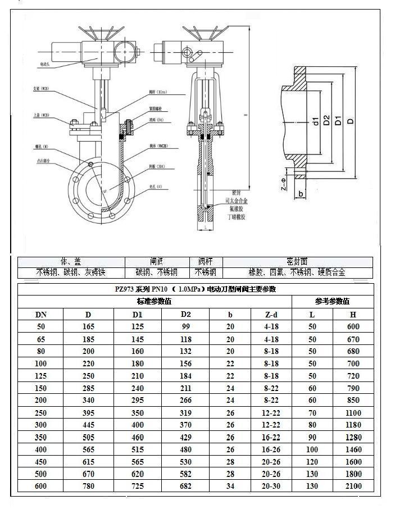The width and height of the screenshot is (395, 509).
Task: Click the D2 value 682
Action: click(185, 486)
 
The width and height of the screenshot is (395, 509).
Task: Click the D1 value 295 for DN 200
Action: click(137, 401)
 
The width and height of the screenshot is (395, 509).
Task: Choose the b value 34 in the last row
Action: click(230, 486)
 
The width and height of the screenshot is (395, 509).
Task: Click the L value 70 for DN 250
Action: click(312, 413)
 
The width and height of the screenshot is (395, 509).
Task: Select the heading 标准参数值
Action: click(155, 302)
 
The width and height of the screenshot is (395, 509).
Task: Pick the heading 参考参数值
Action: click(332, 302)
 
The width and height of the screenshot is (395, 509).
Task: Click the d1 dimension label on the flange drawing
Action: click(316, 120)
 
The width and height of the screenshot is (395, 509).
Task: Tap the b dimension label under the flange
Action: click(301, 194)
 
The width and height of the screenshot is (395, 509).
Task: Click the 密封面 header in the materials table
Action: click(297, 262)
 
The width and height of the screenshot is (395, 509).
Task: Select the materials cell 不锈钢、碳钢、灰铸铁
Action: click(71, 272)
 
